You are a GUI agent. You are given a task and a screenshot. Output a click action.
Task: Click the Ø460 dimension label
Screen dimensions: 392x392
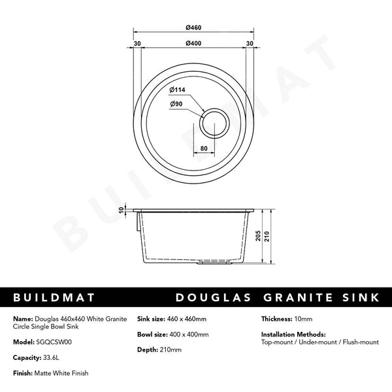193,27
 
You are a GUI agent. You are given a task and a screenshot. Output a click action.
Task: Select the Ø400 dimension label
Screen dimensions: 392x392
193,44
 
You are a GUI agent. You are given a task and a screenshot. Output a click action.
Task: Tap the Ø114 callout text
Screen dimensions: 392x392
178,90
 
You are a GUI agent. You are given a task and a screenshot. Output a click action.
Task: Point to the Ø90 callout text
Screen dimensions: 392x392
176,104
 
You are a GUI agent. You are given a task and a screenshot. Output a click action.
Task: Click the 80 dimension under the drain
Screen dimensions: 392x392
204,149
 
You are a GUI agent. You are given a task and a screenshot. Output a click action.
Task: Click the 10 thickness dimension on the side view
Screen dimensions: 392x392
121,210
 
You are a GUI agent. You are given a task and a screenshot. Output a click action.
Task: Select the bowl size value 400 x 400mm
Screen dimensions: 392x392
188,335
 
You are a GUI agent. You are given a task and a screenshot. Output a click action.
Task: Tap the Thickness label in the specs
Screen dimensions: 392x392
276,319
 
